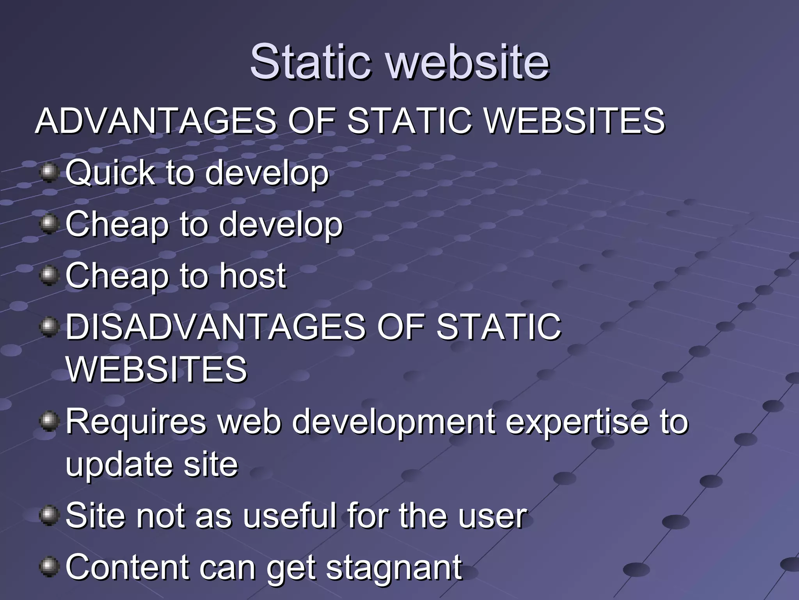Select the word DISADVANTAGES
[215, 327]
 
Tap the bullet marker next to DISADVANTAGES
[49, 327]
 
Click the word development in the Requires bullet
[394, 422]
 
